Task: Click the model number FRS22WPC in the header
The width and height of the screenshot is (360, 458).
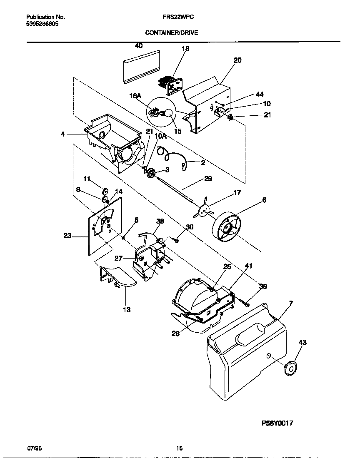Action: pos(171,17)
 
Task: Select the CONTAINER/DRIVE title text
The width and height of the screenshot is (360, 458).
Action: pos(171,32)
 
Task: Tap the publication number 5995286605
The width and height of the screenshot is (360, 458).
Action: pos(42,24)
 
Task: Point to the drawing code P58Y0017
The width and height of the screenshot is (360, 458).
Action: pos(277,423)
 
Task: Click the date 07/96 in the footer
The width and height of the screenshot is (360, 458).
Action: pos(34,448)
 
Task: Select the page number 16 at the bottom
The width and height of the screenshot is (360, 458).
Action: pos(179,448)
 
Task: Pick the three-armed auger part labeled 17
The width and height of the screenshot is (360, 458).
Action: pos(203,212)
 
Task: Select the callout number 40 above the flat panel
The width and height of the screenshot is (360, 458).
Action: pos(139,46)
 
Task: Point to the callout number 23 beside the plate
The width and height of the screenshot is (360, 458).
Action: pos(67,236)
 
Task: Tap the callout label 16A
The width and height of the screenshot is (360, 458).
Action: pos(135,95)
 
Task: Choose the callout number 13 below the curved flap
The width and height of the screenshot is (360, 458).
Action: pos(126,309)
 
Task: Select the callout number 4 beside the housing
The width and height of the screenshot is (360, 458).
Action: pos(62,134)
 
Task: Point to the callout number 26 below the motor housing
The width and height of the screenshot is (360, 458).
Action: pos(176,333)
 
